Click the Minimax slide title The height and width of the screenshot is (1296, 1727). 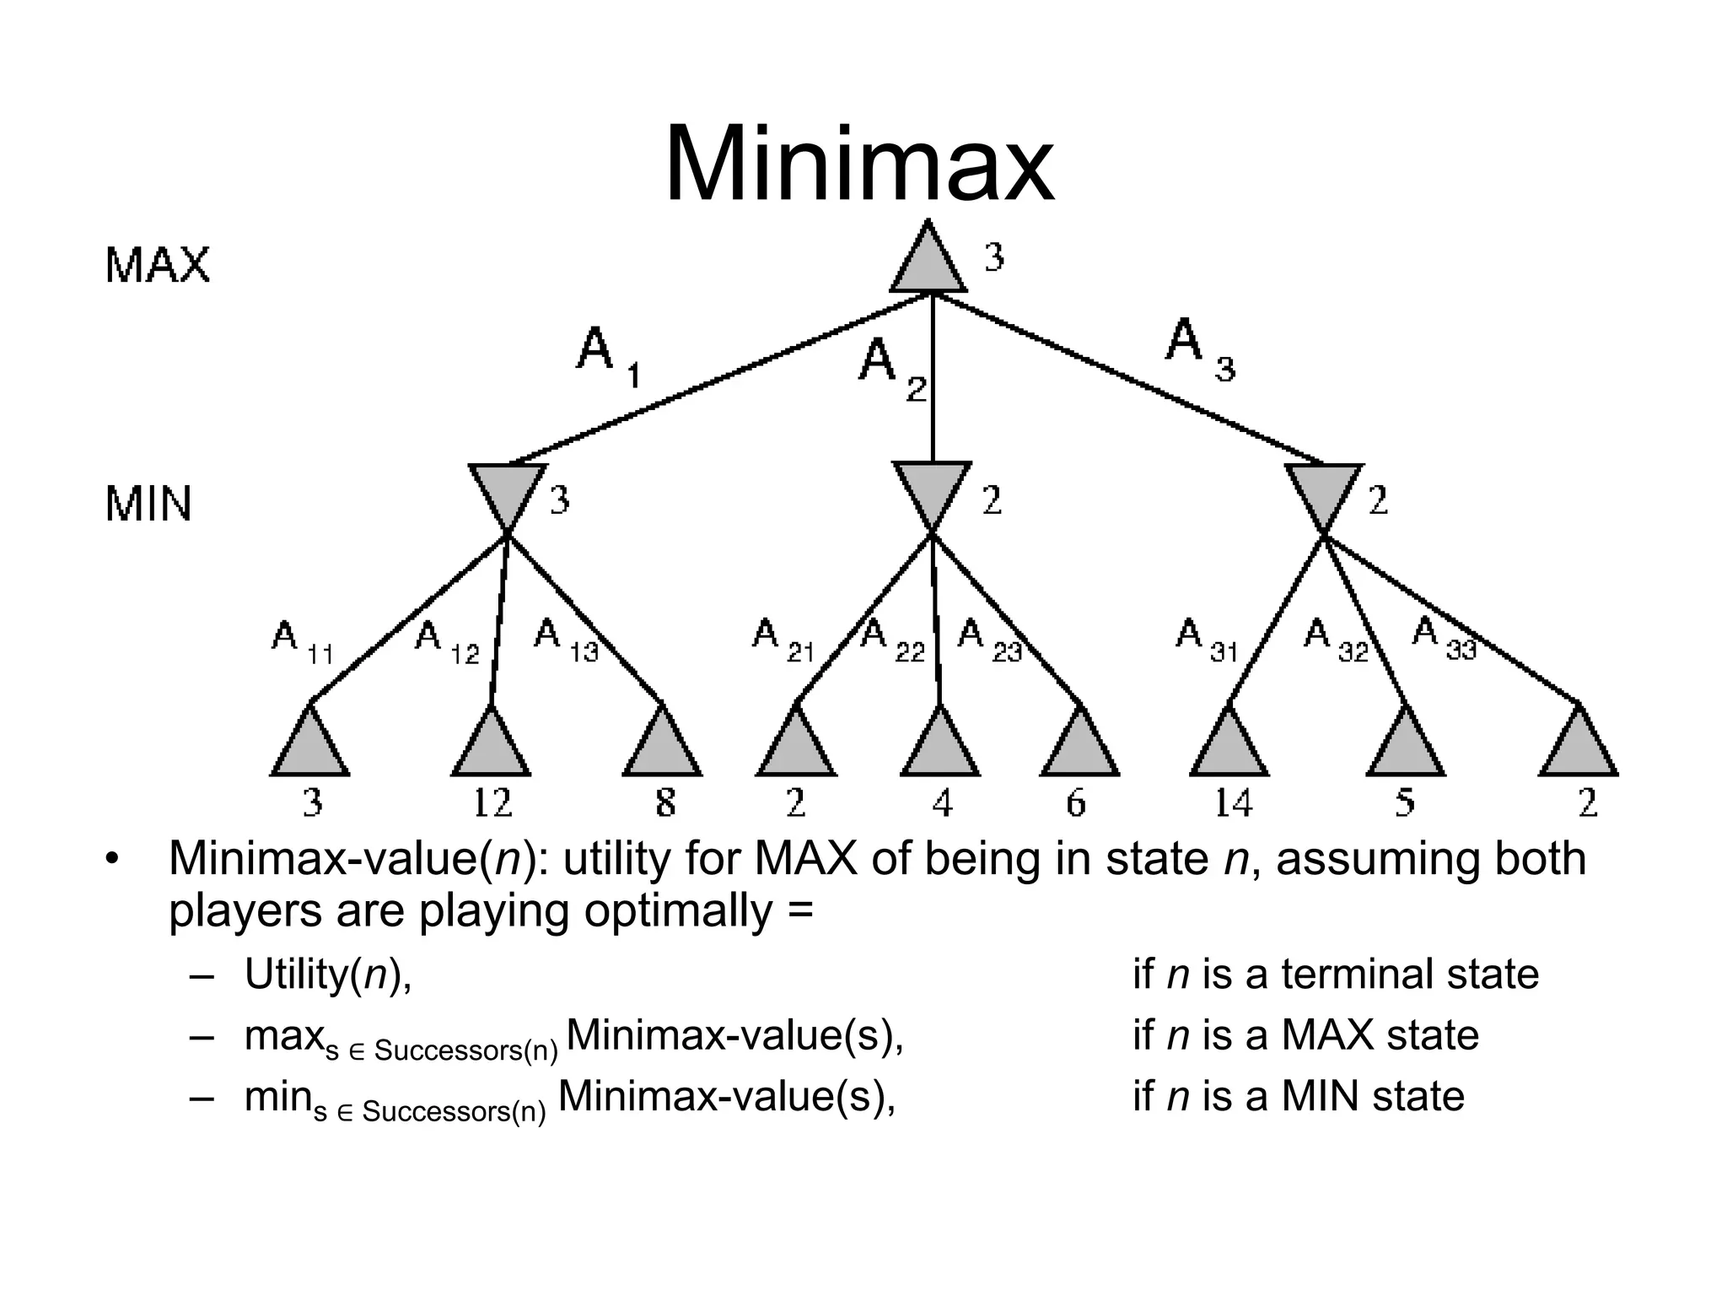(x=858, y=164)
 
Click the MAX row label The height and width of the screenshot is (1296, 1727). (x=157, y=266)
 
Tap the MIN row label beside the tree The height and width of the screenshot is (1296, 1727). (x=148, y=504)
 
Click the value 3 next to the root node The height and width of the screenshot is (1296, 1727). (x=994, y=256)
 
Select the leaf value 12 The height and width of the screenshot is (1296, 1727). (x=492, y=802)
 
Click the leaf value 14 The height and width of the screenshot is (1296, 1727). (x=1232, y=802)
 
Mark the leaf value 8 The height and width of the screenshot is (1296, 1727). (x=665, y=802)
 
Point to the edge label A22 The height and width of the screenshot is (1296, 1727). (x=892, y=639)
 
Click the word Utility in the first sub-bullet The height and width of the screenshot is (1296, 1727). (x=294, y=974)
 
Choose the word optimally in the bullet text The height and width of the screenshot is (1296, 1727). (x=678, y=911)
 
